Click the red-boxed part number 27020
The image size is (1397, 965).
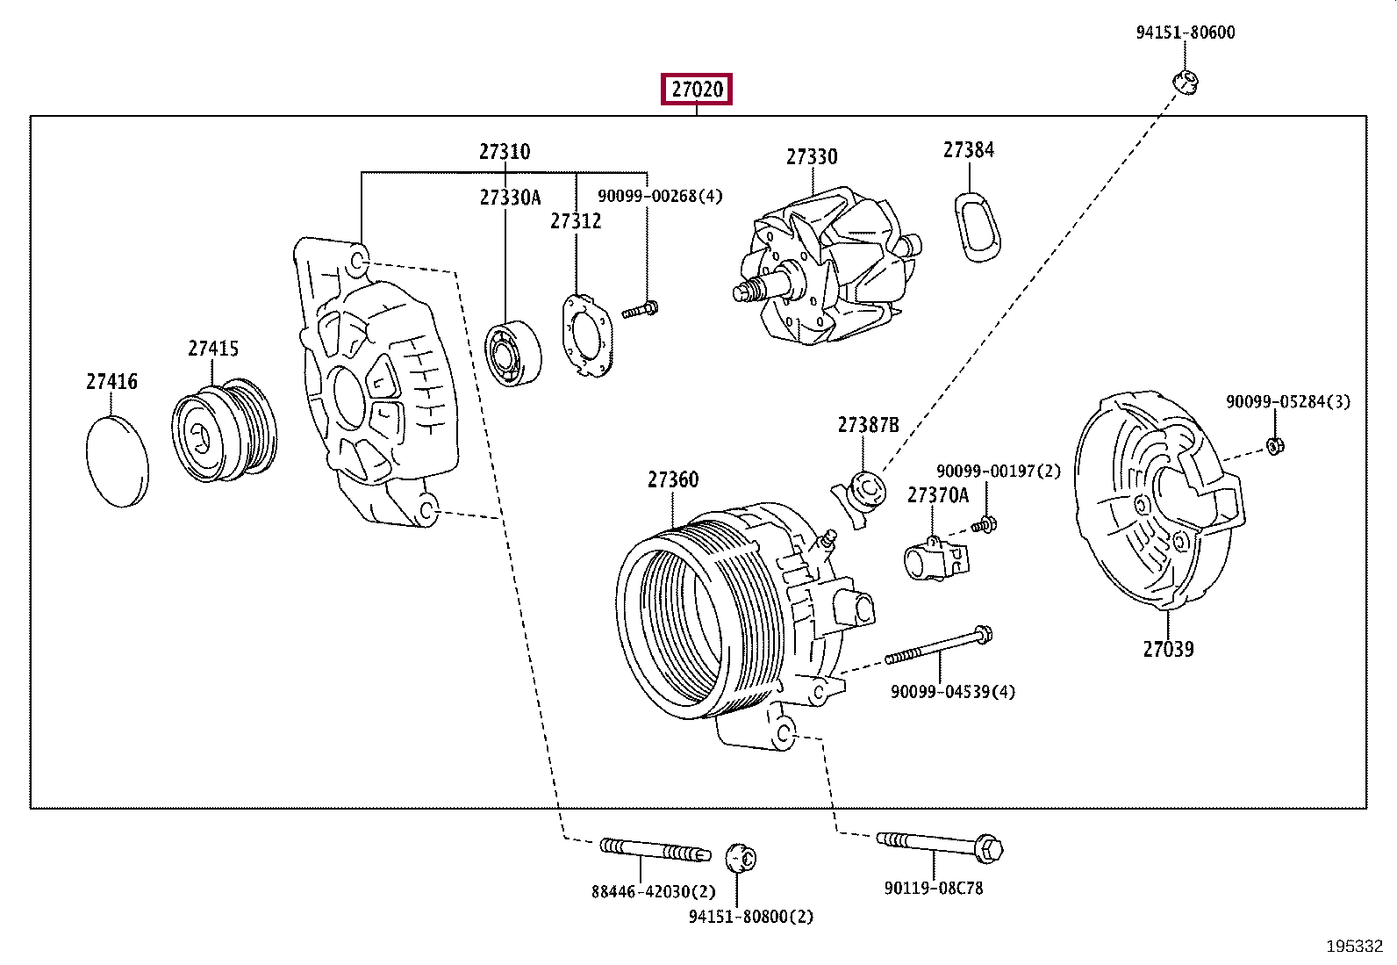click(x=697, y=90)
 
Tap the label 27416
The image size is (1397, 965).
click(x=111, y=381)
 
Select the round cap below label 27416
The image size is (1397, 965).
click(x=118, y=461)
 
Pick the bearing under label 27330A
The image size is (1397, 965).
click(x=512, y=353)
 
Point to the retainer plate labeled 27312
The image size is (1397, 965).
click(x=587, y=335)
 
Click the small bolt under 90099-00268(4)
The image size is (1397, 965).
click(x=640, y=310)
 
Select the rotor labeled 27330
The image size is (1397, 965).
click(x=827, y=267)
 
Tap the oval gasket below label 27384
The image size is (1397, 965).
click(x=978, y=227)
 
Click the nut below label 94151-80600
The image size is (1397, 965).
click(x=1185, y=82)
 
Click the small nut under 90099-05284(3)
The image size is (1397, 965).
click(x=1275, y=446)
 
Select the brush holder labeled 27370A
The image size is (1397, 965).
click(x=935, y=558)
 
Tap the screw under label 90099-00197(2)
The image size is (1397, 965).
click(x=985, y=525)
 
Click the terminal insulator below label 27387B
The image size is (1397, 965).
click(x=860, y=499)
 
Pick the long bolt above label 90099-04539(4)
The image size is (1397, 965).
click(x=939, y=646)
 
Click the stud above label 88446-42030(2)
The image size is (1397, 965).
click(x=656, y=850)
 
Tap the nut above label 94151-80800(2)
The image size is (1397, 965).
click(x=741, y=858)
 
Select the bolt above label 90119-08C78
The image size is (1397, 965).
click(x=940, y=846)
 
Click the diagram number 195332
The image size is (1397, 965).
click(x=1355, y=947)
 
